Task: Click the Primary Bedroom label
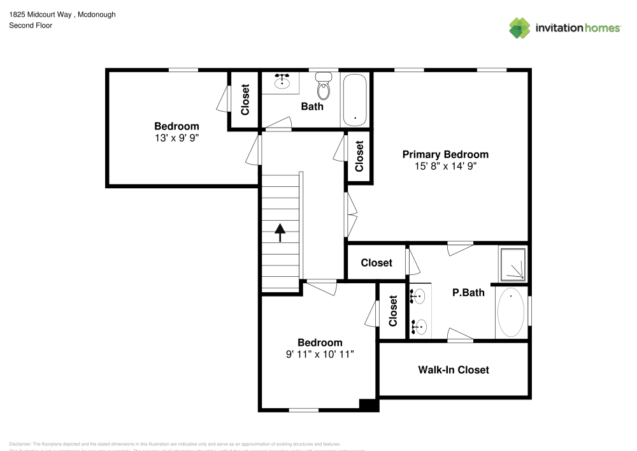pos(445,154)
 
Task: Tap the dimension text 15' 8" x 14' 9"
pos(445,166)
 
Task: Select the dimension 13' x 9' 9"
pos(176,138)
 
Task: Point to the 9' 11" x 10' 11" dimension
pos(320,354)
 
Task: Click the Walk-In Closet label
pos(453,369)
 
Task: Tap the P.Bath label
pos(468,293)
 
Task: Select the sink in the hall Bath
pos(282,81)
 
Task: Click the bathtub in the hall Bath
pos(354,100)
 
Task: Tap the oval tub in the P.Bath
pos(511,313)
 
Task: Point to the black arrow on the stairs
pos(280,232)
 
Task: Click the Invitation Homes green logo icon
pos(520,27)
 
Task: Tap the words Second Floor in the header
pos(31,26)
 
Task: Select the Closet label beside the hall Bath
pos(245,100)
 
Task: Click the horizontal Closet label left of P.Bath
pos(376,263)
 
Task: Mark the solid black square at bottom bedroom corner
pos(369,404)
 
